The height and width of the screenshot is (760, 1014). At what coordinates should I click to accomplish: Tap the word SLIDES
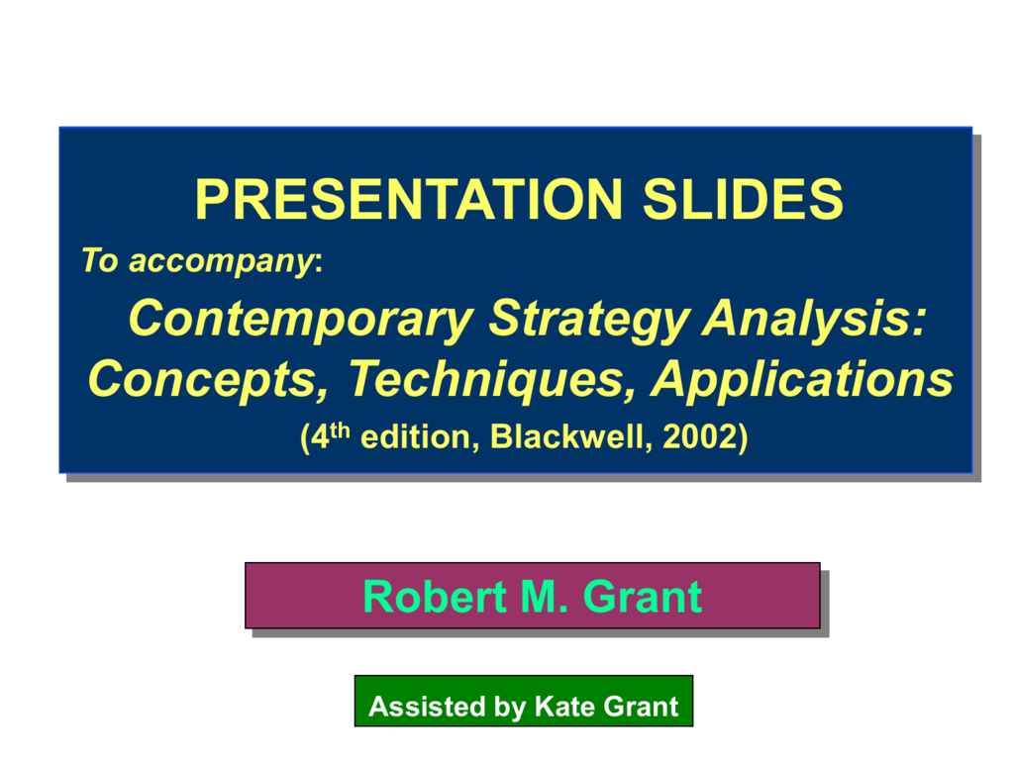743,199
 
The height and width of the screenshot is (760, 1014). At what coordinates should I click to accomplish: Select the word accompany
221,262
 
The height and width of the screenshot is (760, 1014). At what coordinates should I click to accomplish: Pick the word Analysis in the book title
808,318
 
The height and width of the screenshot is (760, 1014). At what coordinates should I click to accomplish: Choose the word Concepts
208,380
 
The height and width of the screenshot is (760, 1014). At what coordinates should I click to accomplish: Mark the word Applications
802,380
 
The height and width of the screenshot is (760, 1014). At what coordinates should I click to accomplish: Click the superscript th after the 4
341,431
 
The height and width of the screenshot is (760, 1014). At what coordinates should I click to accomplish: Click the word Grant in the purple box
642,597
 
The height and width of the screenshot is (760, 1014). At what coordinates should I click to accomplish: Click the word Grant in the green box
641,707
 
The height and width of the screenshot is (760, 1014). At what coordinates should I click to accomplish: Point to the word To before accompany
100,260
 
